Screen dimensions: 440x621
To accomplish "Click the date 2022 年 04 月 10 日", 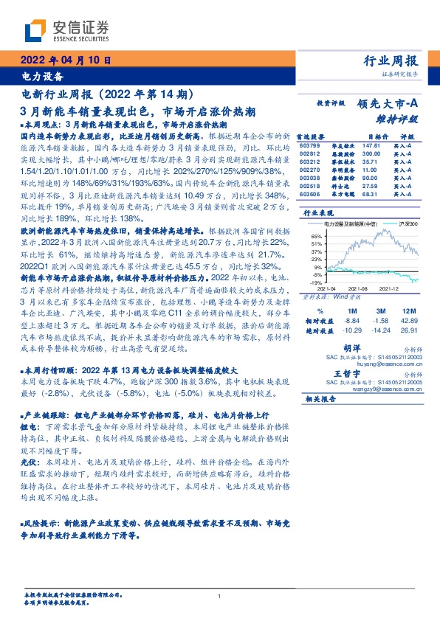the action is [64, 60].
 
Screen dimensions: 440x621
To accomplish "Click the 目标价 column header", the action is [378, 136].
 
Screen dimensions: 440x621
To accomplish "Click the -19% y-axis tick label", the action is [315, 282].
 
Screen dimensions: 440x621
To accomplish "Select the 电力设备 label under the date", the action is [41, 76].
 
